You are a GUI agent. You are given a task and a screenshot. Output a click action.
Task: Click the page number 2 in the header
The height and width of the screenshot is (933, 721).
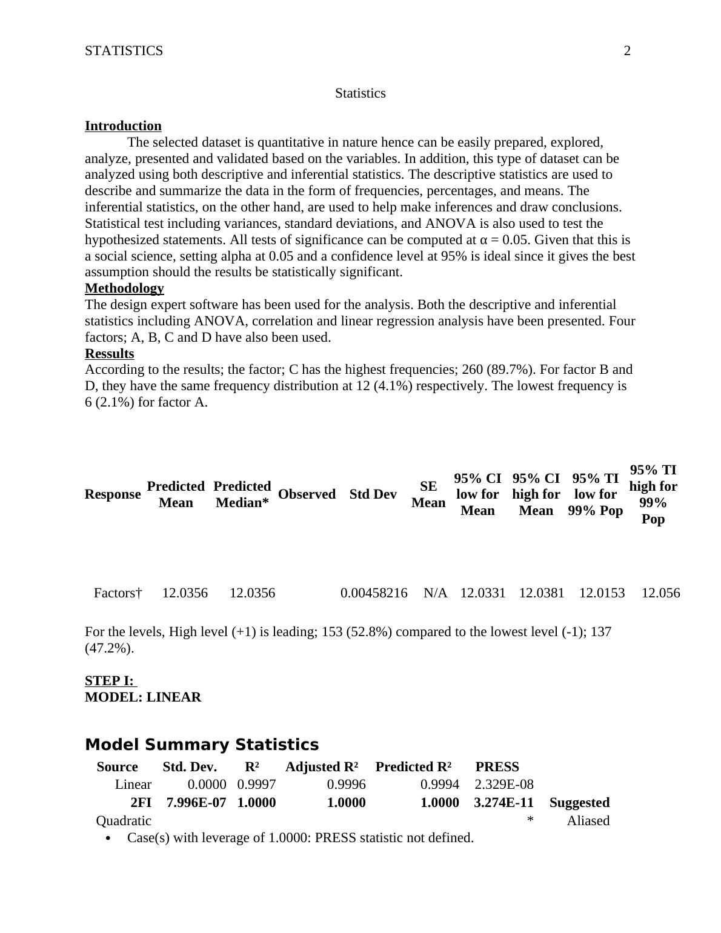point(627,51)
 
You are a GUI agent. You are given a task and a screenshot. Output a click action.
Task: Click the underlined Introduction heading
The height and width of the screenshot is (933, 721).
point(123,126)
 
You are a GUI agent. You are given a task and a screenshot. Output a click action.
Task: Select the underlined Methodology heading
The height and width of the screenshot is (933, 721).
point(124,288)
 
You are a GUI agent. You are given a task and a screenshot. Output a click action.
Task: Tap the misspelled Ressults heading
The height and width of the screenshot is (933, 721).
point(110,354)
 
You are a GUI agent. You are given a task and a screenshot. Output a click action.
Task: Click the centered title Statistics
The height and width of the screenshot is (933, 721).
point(360,93)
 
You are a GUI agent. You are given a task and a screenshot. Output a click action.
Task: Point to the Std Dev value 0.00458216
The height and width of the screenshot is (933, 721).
point(374,593)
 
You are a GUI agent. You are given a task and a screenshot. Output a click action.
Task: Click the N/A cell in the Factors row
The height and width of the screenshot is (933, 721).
point(435,593)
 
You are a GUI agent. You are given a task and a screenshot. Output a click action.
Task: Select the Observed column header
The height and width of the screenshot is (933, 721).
point(307,494)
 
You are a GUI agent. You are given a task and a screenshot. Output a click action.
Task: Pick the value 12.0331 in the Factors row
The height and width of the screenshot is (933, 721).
point(482,593)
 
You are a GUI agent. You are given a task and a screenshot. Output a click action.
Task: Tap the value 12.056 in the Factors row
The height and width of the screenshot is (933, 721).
point(660,593)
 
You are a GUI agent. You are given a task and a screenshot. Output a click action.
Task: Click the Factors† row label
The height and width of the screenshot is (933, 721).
point(118,593)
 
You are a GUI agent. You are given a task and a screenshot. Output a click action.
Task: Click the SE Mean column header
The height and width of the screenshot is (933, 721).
point(428,494)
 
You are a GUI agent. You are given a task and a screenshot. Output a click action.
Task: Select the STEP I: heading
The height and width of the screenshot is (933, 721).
point(110,681)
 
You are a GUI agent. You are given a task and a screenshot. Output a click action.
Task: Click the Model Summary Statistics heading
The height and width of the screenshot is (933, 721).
point(202,745)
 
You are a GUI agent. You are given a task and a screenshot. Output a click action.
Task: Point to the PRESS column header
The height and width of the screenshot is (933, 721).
point(497,767)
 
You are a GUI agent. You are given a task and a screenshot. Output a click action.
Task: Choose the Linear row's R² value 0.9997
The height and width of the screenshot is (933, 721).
point(256,785)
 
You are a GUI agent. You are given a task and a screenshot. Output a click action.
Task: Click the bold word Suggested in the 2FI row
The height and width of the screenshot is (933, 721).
point(579,803)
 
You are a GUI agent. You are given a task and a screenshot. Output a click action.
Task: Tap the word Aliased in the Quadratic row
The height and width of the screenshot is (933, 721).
point(588,821)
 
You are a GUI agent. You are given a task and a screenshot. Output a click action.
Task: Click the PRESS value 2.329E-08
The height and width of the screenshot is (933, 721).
point(503,785)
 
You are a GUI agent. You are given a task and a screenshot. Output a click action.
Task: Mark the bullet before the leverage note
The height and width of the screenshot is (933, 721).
point(108,838)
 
